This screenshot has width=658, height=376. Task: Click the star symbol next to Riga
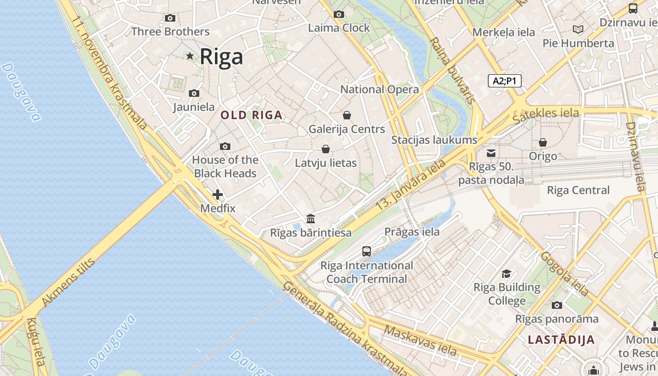tap(190, 56)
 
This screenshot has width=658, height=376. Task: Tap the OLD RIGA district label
tap(251, 115)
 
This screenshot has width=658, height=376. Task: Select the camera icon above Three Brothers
tap(170, 18)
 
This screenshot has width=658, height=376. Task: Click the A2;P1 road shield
tap(504, 81)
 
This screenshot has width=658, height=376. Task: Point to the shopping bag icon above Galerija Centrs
tap(347, 115)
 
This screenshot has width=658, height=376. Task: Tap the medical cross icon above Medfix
tap(218, 195)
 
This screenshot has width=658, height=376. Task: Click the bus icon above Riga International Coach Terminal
tap(367, 251)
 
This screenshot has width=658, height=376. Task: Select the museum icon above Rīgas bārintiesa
tap(311, 219)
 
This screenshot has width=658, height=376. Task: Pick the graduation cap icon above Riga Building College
tap(506, 274)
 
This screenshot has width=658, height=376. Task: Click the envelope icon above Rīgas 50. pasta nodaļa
tap(491, 153)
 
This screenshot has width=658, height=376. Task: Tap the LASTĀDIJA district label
tap(561, 339)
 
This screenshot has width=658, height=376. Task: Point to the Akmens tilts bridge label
tap(68, 282)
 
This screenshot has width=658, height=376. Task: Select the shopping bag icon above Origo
tap(543, 142)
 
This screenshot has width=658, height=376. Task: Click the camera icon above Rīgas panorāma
tap(557, 305)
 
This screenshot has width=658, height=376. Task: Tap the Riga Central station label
tap(578, 190)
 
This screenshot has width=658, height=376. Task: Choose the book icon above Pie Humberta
tap(578, 30)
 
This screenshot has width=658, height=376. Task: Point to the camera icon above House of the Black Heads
tap(225, 147)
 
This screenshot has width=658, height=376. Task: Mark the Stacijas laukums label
tap(434, 140)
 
